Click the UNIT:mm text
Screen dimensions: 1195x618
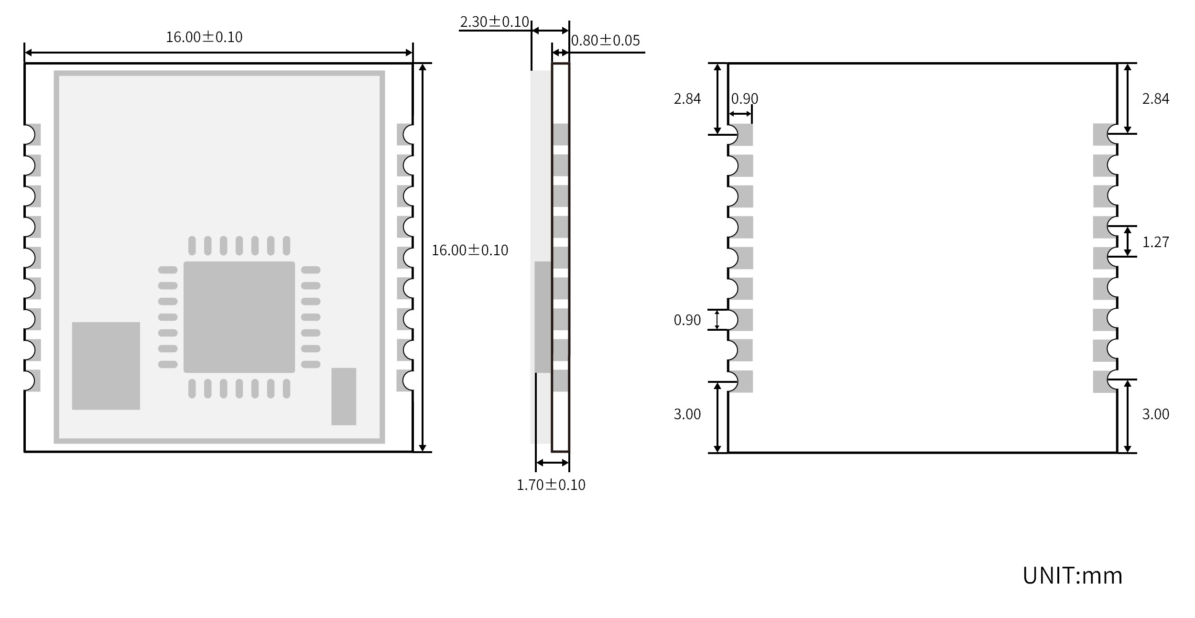[x=1072, y=575]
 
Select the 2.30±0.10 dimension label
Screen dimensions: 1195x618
[x=494, y=22]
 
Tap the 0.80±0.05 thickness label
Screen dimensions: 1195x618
[x=605, y=41]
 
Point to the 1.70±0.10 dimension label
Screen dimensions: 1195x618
[x=551, y=485]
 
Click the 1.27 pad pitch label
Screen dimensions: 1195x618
[x=1155, y=242]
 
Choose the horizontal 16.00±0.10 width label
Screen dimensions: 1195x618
[x=204, y=37]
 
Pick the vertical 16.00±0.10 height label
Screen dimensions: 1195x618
[x=470, y=250]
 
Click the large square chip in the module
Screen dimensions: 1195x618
[x=239, y=317]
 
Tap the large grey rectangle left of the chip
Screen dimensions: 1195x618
[x=106, y=366]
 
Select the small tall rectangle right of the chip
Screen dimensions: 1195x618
[x=344, y=396]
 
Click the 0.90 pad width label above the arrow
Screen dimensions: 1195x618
[x=744, y=99]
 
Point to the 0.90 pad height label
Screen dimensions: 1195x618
[x=687, y=320]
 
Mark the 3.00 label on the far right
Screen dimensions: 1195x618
[x=1155, y=414]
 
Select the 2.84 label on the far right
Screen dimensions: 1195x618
[x=1155, y=99]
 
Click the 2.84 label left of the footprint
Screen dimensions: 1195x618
[x=687, y=99]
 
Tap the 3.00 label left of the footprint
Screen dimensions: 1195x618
[x=687, y=414]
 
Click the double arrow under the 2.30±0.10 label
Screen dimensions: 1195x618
[x=550, y=31]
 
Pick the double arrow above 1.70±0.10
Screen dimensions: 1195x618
[x=553, y=463]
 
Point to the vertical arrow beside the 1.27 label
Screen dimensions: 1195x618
[x=1127, y=241]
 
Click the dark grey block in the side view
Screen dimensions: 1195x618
[x=543, y=317]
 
